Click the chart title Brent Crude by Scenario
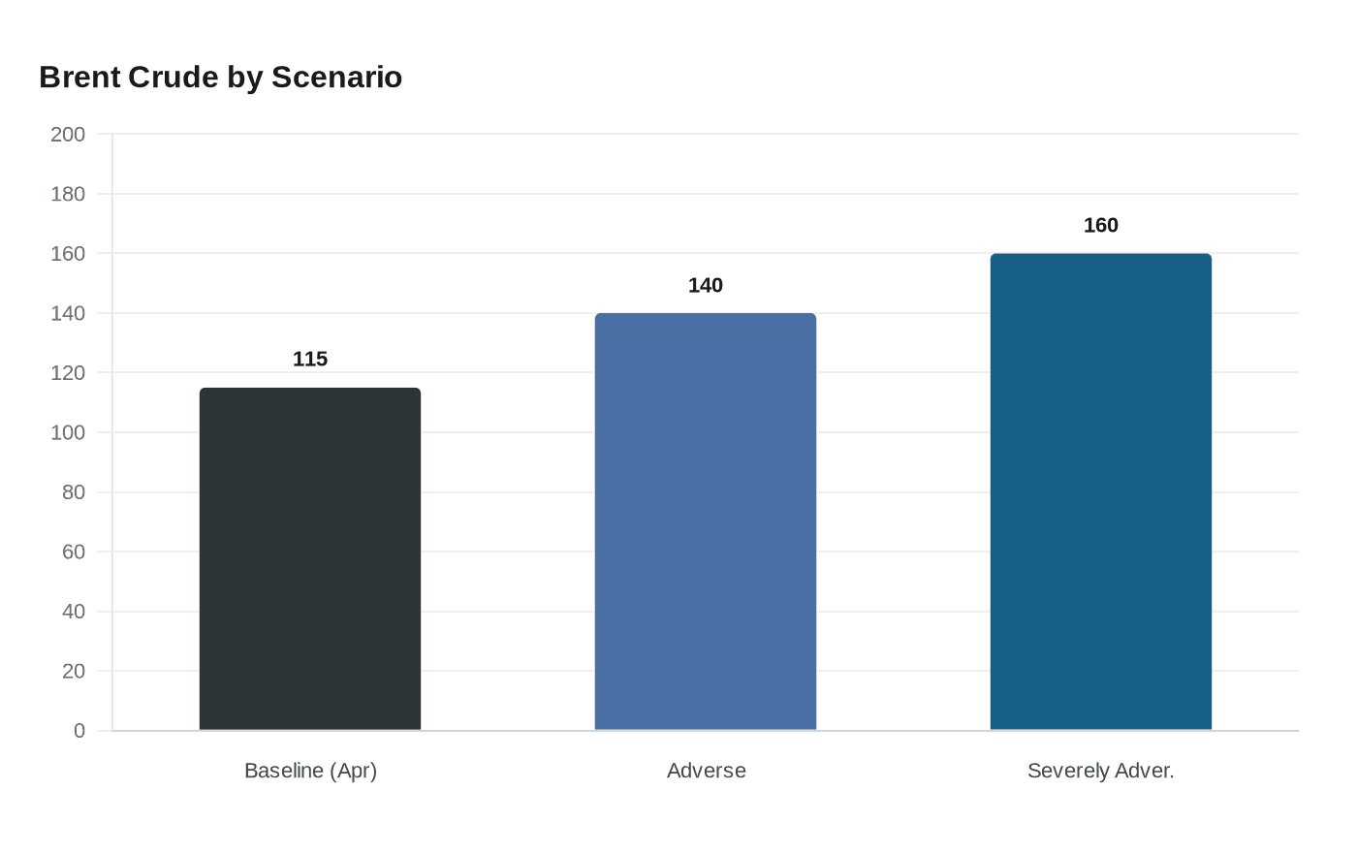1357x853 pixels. (x=220, y=77)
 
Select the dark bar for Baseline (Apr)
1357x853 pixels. (x=310, y=559)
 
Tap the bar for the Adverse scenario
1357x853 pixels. (x=706, y=521)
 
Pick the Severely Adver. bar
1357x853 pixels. (x=1101, y=491)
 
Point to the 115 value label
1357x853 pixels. (x=310, y=359)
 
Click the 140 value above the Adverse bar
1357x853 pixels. (x=706, y=285)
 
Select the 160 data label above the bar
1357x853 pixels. (x=1101, y=225)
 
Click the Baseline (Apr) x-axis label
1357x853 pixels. (x=310, y=771)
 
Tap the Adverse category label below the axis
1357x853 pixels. (x=706, y=771)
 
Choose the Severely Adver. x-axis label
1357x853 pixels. (x=1101, y=771)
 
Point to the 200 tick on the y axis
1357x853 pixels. (x=68, y=134)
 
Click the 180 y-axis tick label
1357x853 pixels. (x=68, y=194)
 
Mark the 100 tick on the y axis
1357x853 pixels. (x=68, y=432)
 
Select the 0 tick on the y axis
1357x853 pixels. (x=79, y=731)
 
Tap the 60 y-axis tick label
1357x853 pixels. (x=74, y=552)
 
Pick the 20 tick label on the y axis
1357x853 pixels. (x=74, y=671)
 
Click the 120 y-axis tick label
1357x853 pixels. (x=68, y=372)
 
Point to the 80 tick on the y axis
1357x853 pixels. (x=74, y=491)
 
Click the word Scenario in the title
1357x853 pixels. (x=336, y=77)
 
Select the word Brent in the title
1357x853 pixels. (x=80, y=77)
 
